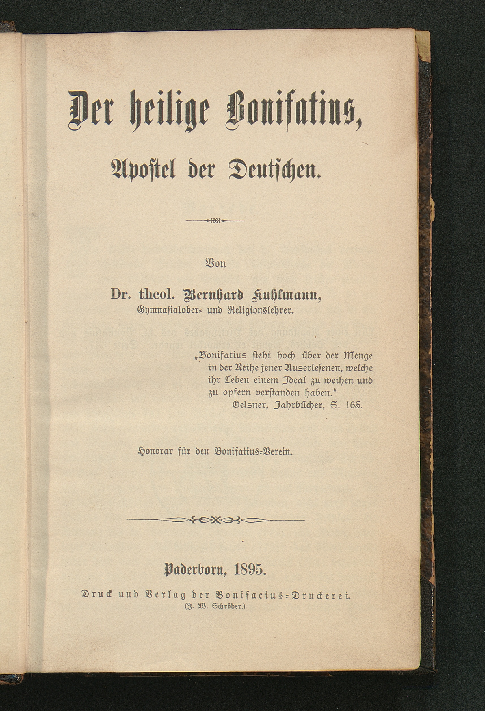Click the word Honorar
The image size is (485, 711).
point(156,452)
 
